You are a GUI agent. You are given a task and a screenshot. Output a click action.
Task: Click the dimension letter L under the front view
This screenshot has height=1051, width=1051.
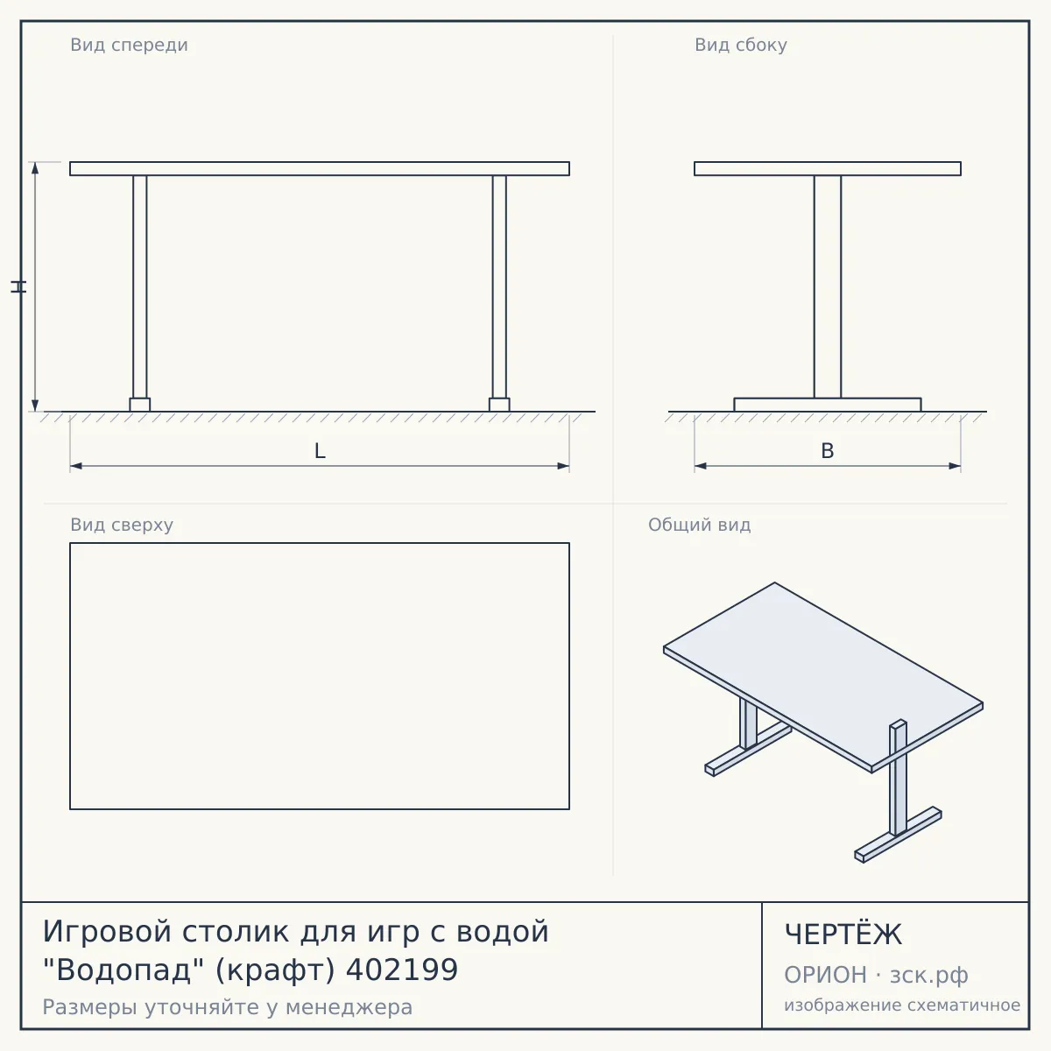(x=320, y=451)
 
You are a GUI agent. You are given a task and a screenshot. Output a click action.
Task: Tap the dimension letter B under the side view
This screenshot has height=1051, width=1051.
(x=828, y=451)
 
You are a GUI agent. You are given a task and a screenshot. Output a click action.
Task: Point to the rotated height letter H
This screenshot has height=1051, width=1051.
(x=18, y=286)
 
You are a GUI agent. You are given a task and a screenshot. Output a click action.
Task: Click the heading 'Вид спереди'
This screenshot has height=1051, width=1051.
(x=130, y=46)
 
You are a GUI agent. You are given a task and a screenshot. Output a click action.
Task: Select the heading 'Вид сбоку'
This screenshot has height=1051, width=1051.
(x=741, y=46)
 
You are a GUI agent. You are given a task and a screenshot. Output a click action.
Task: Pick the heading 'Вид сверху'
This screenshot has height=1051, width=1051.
(x=122, y=525)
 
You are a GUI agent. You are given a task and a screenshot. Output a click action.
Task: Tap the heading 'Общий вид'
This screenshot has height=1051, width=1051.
(x=699, y=525)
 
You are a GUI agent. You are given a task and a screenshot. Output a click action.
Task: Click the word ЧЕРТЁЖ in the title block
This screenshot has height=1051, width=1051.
(x=843, y=935)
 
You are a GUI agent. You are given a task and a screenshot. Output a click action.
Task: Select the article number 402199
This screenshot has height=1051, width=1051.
(x=402, y=970)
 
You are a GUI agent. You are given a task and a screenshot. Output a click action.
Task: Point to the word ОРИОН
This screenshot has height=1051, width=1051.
(x=825, y=975)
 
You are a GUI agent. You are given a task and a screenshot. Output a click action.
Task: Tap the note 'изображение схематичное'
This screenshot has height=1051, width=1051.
(x=902, y=1005)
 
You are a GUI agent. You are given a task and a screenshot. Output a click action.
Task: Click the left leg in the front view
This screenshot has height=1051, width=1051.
(x=139, y=287)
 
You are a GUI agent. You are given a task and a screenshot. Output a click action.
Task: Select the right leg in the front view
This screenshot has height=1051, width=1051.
(x=499, y=287)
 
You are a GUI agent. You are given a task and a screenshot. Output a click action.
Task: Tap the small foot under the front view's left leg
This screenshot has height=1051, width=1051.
(x=139, y=405)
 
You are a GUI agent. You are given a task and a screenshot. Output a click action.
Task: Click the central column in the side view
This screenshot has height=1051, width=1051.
(x=828, y=287)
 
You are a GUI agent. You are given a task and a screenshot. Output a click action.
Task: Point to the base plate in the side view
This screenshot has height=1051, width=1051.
(x=828, y=405)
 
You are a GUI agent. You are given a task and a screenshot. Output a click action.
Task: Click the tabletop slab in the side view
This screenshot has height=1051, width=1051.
(x=828, y=168)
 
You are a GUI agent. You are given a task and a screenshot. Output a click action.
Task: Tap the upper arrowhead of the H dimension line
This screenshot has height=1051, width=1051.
(x=35, y=167)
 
